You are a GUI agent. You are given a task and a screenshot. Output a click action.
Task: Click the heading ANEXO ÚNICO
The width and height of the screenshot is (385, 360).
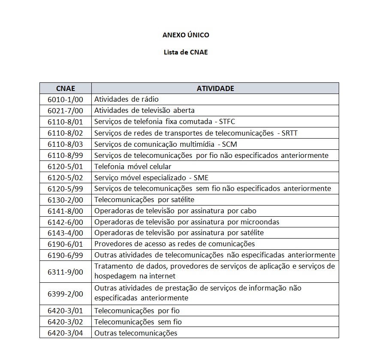coord(186,35)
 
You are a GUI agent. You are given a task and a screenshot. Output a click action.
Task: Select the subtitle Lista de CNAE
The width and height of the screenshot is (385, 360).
coord(186,52)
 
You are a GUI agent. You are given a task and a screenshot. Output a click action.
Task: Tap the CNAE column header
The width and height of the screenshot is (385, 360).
coord(65,88)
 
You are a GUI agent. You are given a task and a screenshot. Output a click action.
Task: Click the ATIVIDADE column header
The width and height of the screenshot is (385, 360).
coord(215,88)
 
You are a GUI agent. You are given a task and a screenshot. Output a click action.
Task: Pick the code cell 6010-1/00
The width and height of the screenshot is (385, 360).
coord(65,100)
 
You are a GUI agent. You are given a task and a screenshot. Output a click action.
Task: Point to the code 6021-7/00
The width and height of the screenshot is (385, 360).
coord(65,111)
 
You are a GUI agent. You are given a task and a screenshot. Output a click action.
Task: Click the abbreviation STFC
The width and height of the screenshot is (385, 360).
coord(227,122)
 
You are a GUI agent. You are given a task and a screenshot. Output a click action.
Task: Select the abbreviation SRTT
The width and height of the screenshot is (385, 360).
coord(289,133)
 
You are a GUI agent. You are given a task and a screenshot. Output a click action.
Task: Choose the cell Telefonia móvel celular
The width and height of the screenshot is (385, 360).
coord(133,166)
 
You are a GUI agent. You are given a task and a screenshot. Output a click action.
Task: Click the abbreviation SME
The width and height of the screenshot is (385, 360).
coord(201,178)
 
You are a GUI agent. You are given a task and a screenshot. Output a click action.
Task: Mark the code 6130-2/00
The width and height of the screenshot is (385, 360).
coord(65,200)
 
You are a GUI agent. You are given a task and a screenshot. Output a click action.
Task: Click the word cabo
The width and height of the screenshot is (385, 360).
coord(248,211)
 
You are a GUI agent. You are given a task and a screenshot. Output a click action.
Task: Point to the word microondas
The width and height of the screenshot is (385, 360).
coord(260,222)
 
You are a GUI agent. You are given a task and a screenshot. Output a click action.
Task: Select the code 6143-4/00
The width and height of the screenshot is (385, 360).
coord(65,233)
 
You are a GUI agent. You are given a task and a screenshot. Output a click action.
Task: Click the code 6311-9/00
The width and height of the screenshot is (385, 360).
coord(65,272)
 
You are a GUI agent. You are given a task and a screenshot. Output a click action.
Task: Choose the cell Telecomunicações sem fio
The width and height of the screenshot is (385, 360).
coord(138,322)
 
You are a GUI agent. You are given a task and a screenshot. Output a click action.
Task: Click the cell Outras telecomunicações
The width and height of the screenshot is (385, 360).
coord(135,333)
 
